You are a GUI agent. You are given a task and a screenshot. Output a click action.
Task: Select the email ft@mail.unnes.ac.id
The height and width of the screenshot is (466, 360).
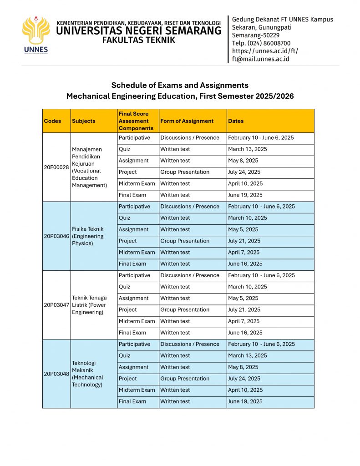click(260, 59)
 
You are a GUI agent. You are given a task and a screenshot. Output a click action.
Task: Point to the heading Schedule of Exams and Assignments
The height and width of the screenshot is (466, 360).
click(180, 85)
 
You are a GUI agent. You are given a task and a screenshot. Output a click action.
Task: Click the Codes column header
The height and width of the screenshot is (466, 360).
click(52, 121)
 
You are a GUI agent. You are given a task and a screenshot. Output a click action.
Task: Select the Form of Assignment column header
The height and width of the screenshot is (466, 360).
click(187, 121)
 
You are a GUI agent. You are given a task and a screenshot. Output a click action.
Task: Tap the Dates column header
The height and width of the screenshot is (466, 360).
click(236, 121)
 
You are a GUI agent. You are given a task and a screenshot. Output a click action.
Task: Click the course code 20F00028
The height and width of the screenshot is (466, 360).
click(56, 167)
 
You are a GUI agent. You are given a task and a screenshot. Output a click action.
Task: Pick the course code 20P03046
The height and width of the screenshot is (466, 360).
click(56, 236)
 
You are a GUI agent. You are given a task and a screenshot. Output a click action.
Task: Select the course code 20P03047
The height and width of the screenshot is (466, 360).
click(56, 305)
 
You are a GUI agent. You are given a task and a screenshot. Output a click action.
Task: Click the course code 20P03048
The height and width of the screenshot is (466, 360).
click(56, 374)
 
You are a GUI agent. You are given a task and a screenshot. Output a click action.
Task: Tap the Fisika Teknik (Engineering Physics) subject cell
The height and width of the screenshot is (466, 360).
click(88, 236)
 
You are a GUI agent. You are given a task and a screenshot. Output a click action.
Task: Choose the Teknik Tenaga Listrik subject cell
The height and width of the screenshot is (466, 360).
click(89, 305)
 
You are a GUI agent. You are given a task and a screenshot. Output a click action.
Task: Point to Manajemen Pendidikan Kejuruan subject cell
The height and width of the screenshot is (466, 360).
click(89, 167)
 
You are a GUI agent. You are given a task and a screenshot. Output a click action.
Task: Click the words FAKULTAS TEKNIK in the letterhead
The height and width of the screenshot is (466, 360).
click(138, 40)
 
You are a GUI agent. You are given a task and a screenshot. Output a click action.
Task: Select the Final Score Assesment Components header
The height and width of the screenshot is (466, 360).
click(136, 121)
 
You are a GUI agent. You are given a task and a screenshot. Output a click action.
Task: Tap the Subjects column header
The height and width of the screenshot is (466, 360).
click(84, 121)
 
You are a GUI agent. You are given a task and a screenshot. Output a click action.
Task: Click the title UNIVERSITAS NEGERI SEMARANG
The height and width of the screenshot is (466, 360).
click(139, 31)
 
